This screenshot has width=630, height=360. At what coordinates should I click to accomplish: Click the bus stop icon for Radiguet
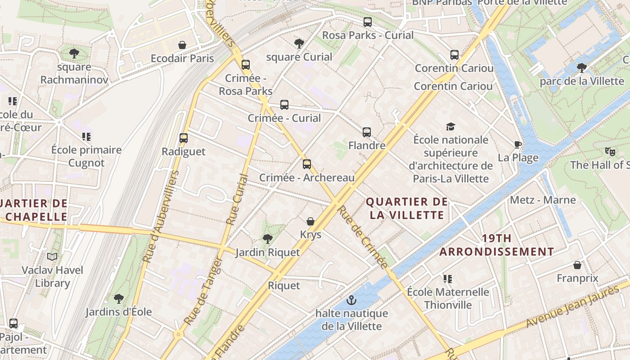(x=183, y=138)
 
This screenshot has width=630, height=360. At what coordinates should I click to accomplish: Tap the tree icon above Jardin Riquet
(x=268, y=238)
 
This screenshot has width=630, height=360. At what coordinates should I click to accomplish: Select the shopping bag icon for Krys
(x=310, y=221)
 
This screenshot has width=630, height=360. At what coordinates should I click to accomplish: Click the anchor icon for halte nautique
(x=351, y=300)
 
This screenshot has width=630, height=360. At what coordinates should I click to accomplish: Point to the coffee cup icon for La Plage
(x=518, y=144)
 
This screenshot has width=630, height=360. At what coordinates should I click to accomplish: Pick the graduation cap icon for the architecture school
(x=450, y=126)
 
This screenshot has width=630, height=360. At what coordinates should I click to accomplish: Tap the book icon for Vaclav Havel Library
(x=53, y=256)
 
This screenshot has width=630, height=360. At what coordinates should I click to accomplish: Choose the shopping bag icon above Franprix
(x=577, y=265)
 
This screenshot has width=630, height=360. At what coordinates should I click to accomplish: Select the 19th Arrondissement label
(x=496, y=245)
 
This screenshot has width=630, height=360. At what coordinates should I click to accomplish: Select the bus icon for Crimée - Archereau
(x=307, y=164)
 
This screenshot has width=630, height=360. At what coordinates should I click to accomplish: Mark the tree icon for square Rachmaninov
(x=74, y=54)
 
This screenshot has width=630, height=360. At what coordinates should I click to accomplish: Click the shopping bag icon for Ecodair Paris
(x=182, y=45)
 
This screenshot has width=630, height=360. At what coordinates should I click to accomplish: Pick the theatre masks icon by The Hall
(x=610, y=152)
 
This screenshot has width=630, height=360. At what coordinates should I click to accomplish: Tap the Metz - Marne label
(x=543, y=200)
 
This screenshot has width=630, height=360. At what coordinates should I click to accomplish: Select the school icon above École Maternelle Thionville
(x=447, y=279)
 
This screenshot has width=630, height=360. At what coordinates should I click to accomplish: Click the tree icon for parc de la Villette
(x=582, y=68)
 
